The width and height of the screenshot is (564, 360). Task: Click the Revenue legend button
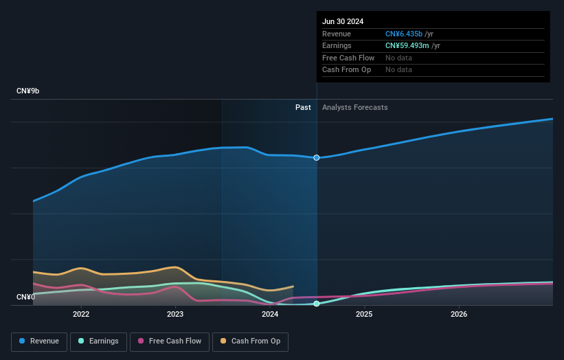tap(40, 341)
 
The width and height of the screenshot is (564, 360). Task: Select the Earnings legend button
tap(98, 341)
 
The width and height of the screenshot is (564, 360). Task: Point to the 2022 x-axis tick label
tap(81, 314)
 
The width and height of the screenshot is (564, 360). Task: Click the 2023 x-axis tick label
tap(175, 314)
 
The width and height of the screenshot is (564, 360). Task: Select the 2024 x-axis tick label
tap(270, 314)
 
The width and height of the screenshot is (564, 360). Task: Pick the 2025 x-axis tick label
tap(364, 314)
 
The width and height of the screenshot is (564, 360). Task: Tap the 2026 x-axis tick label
tap(459, 314)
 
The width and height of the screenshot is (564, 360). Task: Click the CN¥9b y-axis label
tap(28, 91)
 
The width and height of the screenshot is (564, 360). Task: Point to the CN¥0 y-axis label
tap(25, 297)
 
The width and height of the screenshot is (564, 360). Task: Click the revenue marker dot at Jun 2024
tap(317, 157)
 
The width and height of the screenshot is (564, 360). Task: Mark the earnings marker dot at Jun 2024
tap(317, 304)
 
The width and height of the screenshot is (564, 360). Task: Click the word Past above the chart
tap(303, 107)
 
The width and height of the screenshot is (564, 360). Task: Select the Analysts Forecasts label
tap(354, 107)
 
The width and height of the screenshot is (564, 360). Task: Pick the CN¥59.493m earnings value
tap(408, 46)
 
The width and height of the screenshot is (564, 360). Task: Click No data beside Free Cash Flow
tap(398, 58)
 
